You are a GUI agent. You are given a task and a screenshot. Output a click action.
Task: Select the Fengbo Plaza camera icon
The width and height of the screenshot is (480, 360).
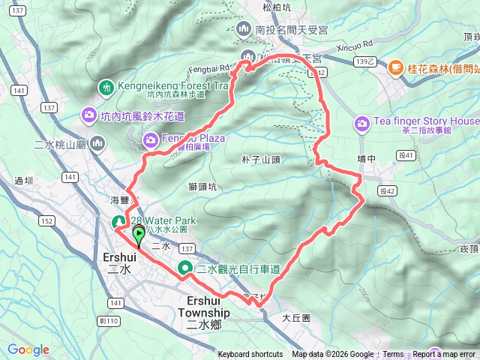pyautogui.click(x=151, y=139)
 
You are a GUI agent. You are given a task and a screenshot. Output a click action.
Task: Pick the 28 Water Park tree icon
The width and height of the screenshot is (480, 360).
pyautogui.click(x=119, y=221)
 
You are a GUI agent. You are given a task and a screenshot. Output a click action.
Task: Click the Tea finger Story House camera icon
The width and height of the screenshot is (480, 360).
pyautogui.click(x=362, y=122)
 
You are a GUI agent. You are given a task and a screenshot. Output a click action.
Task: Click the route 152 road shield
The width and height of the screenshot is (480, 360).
pyautogui.click(x=46, y=220)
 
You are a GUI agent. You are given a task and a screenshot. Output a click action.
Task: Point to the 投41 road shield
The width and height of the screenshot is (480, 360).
pyautogui.click(x=406, y=155)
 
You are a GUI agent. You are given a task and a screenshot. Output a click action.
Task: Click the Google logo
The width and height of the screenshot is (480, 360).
pyautogui.click(x=28, y=349)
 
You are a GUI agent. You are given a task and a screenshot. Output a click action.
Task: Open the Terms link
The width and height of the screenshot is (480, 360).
pyautogui.click(x=393, y=355)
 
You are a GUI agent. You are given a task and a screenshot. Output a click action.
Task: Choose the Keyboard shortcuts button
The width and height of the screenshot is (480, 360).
pyautogui.click(x=250, y=355)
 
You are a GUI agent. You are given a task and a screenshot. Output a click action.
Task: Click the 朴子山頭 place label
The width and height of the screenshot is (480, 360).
pyautogui.click(x=261, y=160)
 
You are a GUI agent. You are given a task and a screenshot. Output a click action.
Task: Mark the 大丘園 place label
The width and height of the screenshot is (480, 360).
pyautogui.click(x=296, y=318)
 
